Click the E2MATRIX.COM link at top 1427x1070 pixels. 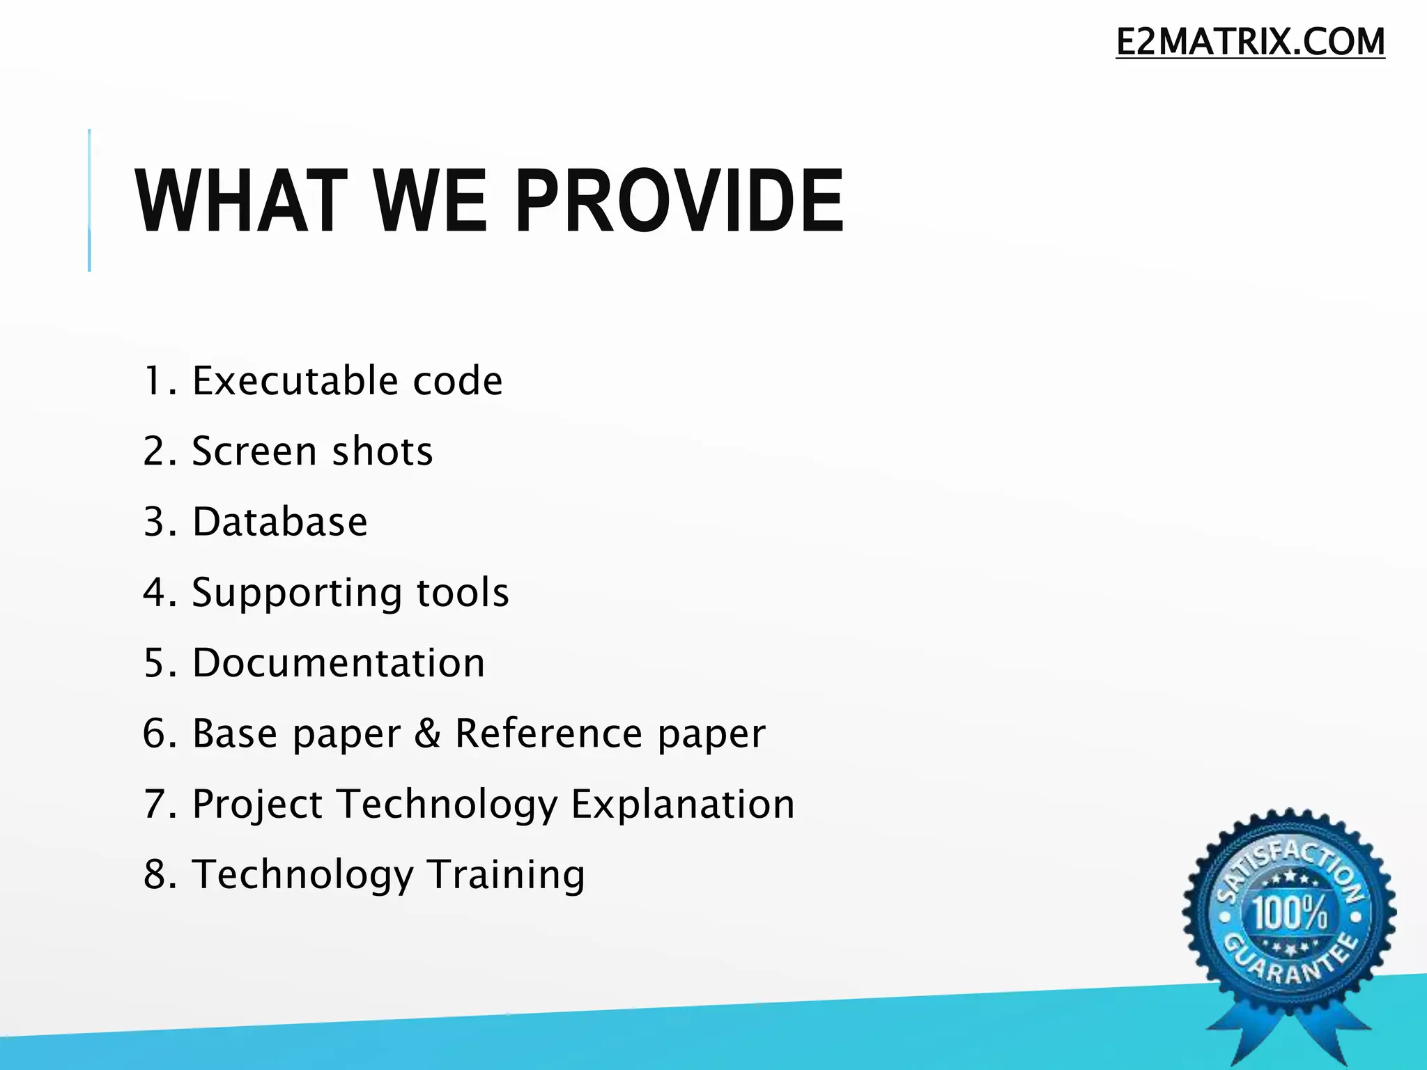(1250, 42)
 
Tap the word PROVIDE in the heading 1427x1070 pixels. (679, 202)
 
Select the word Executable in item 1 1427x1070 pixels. (295, 381)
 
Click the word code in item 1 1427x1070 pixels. (457, 381)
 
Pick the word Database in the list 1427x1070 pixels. (279, 522)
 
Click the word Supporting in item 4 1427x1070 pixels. (297, 593)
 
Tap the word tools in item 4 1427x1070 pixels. (463, 593)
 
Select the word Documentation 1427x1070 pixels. (339, 662)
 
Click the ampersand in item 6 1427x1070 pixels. (427, 734)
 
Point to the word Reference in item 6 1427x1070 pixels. (548, 734)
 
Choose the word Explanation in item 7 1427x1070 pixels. (683, 805)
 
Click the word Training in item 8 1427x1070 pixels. (506, 875)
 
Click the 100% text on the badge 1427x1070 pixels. (1290, 913)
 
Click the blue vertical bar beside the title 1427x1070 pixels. (89, 201)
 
